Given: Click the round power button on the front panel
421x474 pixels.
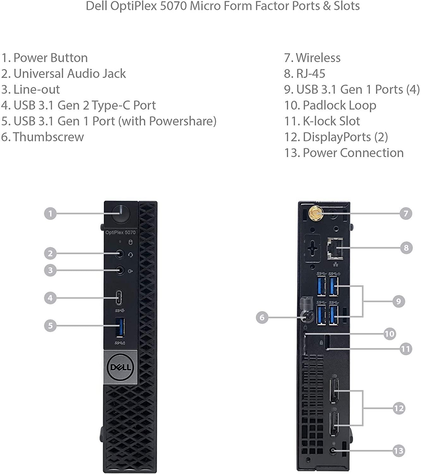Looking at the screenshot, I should pyautogui.click(x=121, y=214).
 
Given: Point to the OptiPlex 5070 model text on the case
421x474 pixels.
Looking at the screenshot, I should pyautogui.click(x=120, y=233).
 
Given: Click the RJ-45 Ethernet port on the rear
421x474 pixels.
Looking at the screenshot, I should pyautogui.click(x=335, y=248).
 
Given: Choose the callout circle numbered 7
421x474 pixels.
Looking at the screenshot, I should pyautogui.click(x=406, y=214).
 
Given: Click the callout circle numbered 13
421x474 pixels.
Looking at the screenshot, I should pyautogui.click(x=399, y=451).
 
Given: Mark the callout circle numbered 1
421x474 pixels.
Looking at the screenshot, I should pyautogui.click(x=50, y=214).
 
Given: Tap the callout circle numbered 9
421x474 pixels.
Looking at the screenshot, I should pyautogui.click(x=399, y=301).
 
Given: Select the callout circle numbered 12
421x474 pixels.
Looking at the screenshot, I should pyautogui.click(x=399, y=408).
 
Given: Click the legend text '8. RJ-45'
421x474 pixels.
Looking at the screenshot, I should pyautogui.click(x=304, y=74).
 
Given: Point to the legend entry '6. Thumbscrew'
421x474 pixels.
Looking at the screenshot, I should pyautogui.click(x=42, y=137).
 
